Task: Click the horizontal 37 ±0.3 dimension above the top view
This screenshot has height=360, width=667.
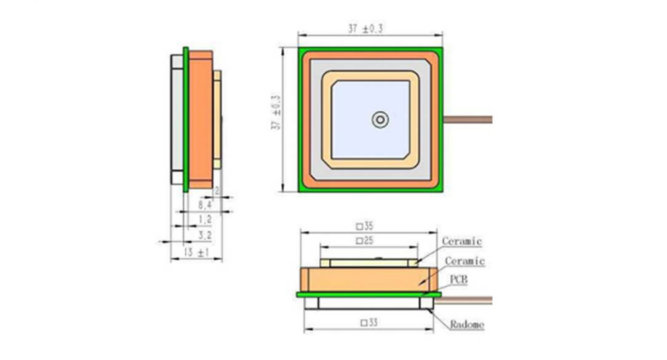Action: pos(370,29)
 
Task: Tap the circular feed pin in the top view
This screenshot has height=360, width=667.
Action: pos(380,119)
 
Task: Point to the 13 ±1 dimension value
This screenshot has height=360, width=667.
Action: pos(196,253)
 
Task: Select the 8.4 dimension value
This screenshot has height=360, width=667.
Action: pos(205,204)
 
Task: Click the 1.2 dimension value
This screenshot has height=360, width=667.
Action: pos(205,219)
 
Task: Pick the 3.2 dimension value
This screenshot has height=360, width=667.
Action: pos(205,235)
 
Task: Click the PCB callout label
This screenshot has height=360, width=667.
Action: pos(458,280)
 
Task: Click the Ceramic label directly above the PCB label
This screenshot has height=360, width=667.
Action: pos(465,261)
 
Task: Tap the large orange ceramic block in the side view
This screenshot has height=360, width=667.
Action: pos(200,119)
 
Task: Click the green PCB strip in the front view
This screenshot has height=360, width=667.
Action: pos(369,294)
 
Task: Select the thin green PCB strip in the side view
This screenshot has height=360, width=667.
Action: pos(186,119)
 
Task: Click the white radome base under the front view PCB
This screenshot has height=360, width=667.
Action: pos(369,302)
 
